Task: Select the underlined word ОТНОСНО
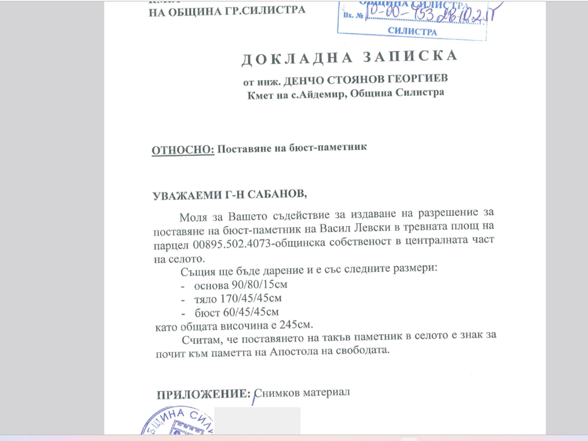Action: [x=182, y=150]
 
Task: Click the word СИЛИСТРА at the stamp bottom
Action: [x=412, y=32]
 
